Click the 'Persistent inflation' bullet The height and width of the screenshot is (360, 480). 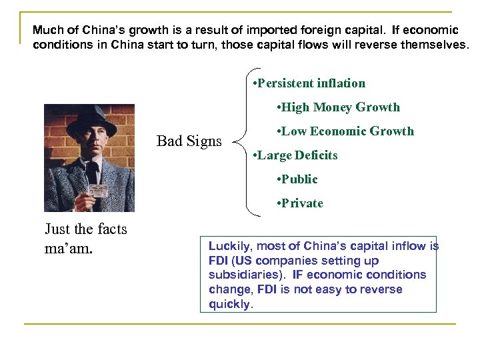pyautogui.click(x=311, y=83)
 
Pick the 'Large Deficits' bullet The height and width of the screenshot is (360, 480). pyautogui.click(x=296, y=155)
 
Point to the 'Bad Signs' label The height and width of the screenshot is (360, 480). pyautogui.click(x=189, y=141)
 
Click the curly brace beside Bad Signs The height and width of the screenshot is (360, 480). pyautogui.click(x=245, y=141)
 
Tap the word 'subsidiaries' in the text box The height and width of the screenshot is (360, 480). pyautogui.click(x=239, y=275)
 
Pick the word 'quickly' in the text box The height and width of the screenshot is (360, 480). pyautogui.click(x=230, y=304)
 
